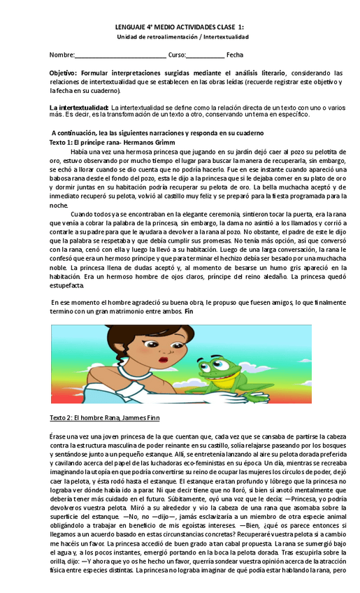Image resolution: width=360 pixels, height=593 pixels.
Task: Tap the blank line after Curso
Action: [x=206, y=55]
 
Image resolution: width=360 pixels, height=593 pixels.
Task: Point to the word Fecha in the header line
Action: [x=235, y=55]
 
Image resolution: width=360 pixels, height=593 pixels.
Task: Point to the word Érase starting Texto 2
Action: [x=58, y=436]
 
